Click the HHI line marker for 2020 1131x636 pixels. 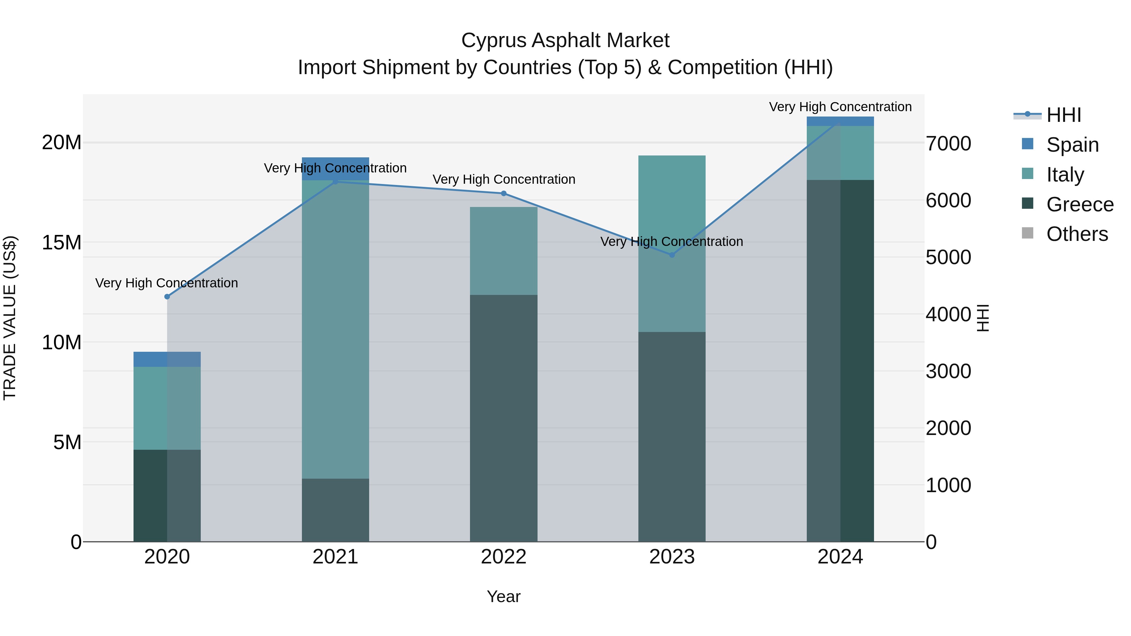167,297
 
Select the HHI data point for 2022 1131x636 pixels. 504,193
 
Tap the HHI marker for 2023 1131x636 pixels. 672,255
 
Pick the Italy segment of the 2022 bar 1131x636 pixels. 504,251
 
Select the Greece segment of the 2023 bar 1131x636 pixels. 672,437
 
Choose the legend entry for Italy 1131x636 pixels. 1064,174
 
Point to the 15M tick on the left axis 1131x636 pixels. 62,242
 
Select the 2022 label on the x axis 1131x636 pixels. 504,557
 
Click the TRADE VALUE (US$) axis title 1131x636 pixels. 10,318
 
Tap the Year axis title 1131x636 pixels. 504,596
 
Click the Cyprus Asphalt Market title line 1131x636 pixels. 565,41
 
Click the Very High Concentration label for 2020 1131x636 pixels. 167,283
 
